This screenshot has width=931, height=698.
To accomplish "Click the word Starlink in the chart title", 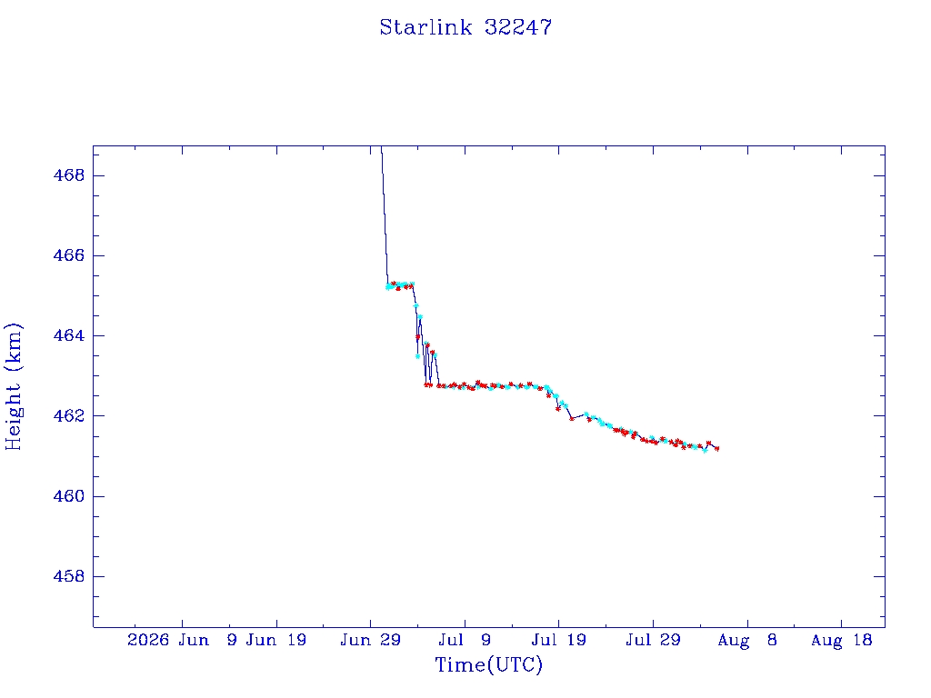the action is [x=425, y=27].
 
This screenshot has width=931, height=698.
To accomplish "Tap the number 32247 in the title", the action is [x=518, y=27].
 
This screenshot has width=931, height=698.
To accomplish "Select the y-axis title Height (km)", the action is [x=13, y=387].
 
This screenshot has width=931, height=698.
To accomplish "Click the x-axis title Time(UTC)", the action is [x=488, y=664].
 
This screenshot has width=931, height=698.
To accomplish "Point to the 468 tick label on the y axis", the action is [x=69, y=175].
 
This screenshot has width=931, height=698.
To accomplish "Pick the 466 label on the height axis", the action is [x=69, y=255].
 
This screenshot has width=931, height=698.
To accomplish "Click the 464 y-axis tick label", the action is [x=69, y=336].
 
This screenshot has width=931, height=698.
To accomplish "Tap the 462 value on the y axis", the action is [x=69, y=416].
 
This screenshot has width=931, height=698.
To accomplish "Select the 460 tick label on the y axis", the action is [x=69, y=496].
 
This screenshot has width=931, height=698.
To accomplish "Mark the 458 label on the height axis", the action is [x=69, y=576].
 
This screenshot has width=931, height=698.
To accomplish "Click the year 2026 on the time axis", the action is [x=148, y=640].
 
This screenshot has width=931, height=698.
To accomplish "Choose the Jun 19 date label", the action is [x=276, y=640].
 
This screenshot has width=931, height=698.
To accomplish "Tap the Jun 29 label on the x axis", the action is [x=371, y=640].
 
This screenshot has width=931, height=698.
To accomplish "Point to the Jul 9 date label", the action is [x=465, y=640].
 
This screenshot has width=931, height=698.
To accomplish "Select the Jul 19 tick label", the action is [x=559, y=640].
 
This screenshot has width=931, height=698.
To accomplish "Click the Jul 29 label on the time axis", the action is [x=653, y=640].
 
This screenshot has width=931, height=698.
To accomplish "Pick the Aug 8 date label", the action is [x=747, y=640].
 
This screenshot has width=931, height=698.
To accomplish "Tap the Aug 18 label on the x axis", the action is [x=841, y=640].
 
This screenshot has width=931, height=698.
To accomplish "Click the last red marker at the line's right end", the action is [x=717, y=449].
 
